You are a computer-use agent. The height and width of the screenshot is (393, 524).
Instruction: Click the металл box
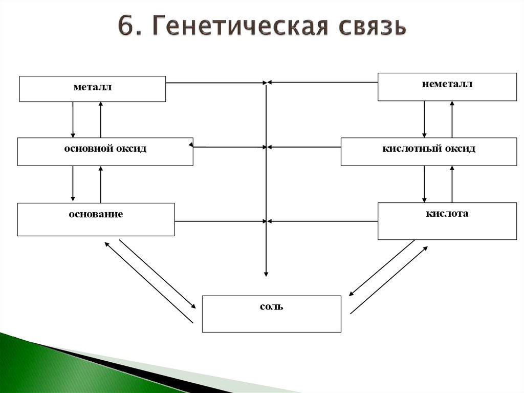(92, 89)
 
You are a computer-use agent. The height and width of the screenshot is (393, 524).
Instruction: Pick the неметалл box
(447, 87)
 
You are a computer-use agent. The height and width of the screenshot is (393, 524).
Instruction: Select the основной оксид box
(105, 151)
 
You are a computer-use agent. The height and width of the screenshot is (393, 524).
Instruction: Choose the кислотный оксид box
(428, 151)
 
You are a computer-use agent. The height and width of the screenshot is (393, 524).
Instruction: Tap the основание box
(96, 219)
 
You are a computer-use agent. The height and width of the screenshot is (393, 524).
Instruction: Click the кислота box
(447, 221)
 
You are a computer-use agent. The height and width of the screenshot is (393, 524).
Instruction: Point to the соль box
(271, 314)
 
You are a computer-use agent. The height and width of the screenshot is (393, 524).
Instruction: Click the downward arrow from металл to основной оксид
(73, 119)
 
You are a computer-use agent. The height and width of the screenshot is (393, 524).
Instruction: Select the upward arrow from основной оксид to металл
(101, 119)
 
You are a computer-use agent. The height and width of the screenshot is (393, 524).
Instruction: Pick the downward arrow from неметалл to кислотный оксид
(424, 119)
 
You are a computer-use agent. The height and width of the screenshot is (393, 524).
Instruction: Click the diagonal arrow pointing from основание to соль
(157, 274)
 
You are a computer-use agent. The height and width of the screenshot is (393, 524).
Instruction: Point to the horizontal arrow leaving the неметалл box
(322, 82)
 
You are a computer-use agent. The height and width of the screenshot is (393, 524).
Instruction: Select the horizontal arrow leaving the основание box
(220, 221)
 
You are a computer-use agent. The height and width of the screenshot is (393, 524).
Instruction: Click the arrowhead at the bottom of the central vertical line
(266, 273)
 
